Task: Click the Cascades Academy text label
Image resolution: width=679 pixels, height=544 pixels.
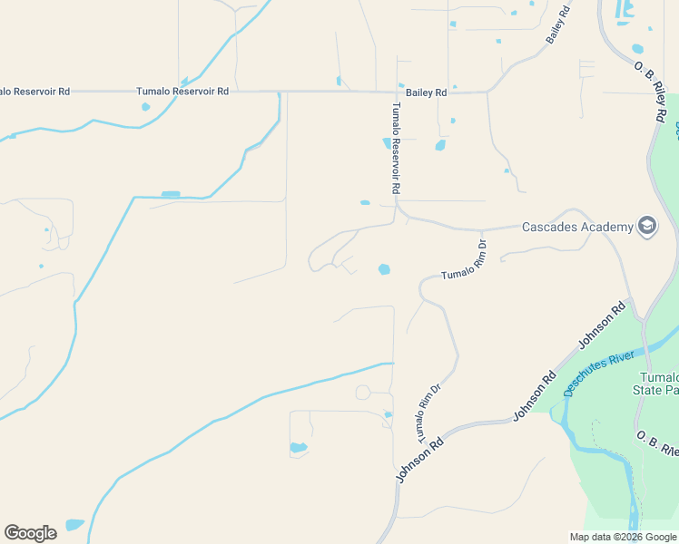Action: (576, 227)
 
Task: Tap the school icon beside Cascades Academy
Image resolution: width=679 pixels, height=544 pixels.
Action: (647, 226)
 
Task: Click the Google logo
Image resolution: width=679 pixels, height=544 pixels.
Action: (30, 533)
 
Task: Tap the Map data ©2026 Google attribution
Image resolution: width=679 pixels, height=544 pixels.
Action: (623, 537)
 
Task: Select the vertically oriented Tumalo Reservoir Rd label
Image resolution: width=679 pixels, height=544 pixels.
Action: (395, 149)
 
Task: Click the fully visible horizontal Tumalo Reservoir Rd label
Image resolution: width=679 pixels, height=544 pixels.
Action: (182, 92)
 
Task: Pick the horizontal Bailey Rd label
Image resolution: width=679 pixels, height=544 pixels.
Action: (427, 92)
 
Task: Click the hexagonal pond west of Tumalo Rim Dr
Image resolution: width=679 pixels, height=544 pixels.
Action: (384, 269)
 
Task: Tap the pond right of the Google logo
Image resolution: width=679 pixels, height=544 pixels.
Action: (74, 525)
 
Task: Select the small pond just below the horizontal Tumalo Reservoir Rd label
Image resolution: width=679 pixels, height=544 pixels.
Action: (145, 107)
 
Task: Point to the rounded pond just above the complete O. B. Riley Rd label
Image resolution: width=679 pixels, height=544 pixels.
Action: (637, 49)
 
